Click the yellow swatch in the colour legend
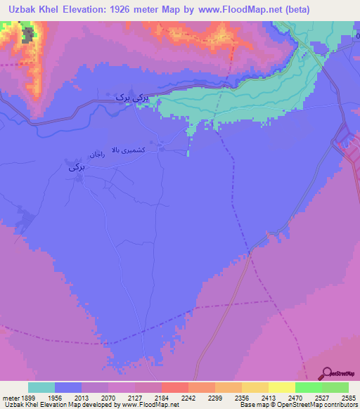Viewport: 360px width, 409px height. [281, 387]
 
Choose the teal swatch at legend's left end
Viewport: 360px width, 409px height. [41, 387]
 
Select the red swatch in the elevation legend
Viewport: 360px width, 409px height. [174, 387]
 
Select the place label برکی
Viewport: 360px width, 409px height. [77, 168]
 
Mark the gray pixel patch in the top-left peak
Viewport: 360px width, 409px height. [28, 35]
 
